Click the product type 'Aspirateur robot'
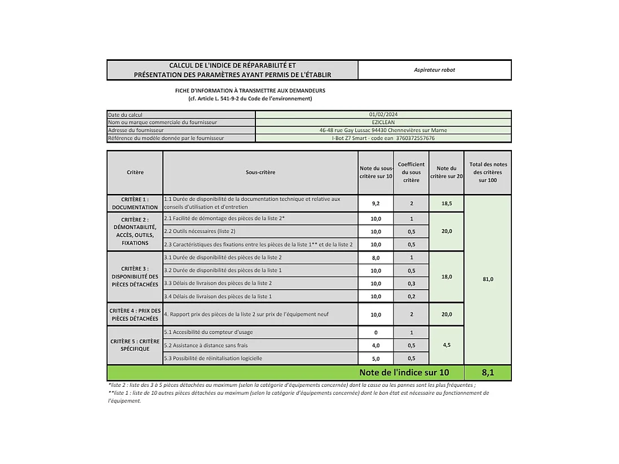434,70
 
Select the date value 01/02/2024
383,114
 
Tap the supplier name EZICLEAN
383,122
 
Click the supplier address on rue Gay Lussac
383,130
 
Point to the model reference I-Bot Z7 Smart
383,138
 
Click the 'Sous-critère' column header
260,172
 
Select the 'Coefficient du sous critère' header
411,172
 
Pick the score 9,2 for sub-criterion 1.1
375,204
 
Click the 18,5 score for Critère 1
446,204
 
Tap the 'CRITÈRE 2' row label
135,231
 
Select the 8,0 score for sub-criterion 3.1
375,258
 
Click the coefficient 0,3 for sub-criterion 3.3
411,284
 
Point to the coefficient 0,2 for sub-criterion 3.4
411,297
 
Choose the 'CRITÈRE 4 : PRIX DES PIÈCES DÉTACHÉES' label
135,315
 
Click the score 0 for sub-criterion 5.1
375,333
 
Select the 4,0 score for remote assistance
375,346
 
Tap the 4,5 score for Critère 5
446,345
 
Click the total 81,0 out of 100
488,279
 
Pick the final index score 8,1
488,373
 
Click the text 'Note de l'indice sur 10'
404,373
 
